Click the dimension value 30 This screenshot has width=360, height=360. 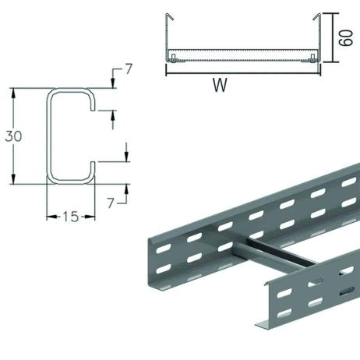pyautogui.click(x=12, y=136)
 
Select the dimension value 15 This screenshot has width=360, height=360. pyautogui.click(x=69, y=217)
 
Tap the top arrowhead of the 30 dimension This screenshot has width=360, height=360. pyautogui.click(x=12, y=90)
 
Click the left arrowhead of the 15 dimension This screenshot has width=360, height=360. pyautogui.click(x=48, y=217)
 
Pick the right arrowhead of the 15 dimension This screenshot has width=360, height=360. pyautogui.click(x=90, y=217)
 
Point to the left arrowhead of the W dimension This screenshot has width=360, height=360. pyautogui.click(x=168, y=72)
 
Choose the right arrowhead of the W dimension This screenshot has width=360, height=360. pyautogui.click(x=318, y=72)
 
